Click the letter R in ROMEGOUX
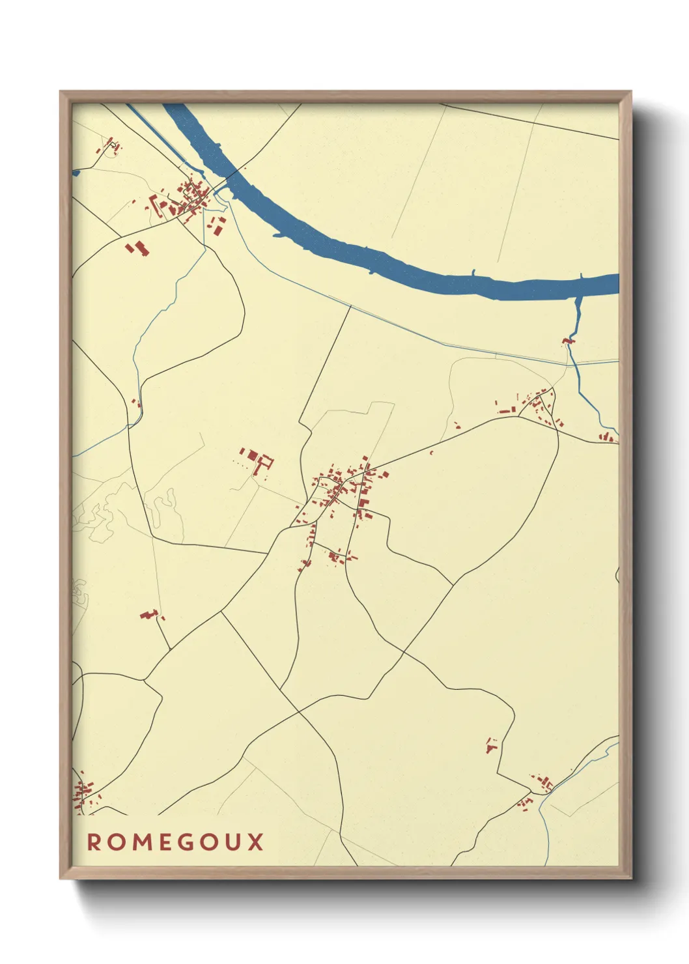click(x=95, y=842)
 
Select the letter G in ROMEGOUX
click(x=186, y=842)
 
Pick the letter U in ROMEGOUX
click(x=232, y=842)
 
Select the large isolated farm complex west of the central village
click(x=257, y=459)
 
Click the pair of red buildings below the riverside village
click(x=137, y=248)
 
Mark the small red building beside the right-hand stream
click(x=569, y=341)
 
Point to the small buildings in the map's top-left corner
click(x=111, y=147)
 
